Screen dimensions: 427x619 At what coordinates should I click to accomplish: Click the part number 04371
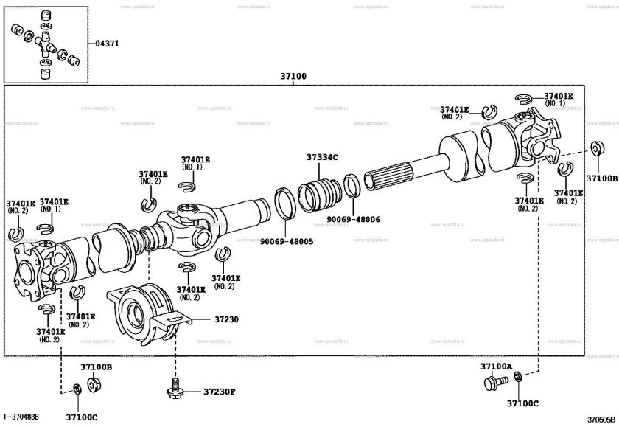pyautogui.click(x=107, y=44)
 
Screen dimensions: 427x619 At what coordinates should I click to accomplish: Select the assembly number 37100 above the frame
pyautogui.click(x=293, y=76)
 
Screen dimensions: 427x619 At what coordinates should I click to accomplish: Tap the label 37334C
pyautogui.click(x=322, y=158)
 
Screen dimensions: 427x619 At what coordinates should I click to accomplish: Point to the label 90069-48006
pyautogui.click(x=354, y=219)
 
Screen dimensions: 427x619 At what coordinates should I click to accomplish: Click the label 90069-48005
pyautogui.click(x=287, y=241)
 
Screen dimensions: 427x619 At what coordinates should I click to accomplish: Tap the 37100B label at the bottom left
pyautogui.click(x=96, y=367)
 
